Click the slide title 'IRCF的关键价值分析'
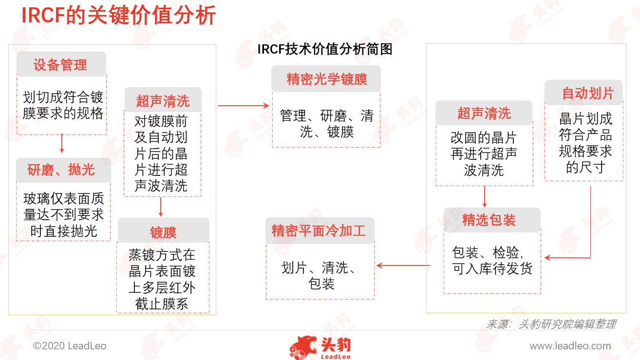[x=118, y=16]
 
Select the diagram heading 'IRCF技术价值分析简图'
[x=325, y=49]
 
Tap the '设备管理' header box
[x=61, y=64]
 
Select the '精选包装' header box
[x=492, y=220]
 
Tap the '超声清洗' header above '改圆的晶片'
[x=484, y=113]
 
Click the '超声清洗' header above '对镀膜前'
[x=163, y=100]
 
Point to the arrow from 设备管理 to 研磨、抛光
[x=62, y=143]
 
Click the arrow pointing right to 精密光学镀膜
[x=244, y=106]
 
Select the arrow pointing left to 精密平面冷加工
[x=403, y=265]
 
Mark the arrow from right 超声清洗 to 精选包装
[x=484, y=197]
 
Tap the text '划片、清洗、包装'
[x=320, y=276]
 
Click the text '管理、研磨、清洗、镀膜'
[x=326, y=124]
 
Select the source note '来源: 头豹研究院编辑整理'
[x=551, y=324]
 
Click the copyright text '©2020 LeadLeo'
[x=70, y=346]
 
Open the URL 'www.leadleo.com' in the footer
[x=570, y=346]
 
